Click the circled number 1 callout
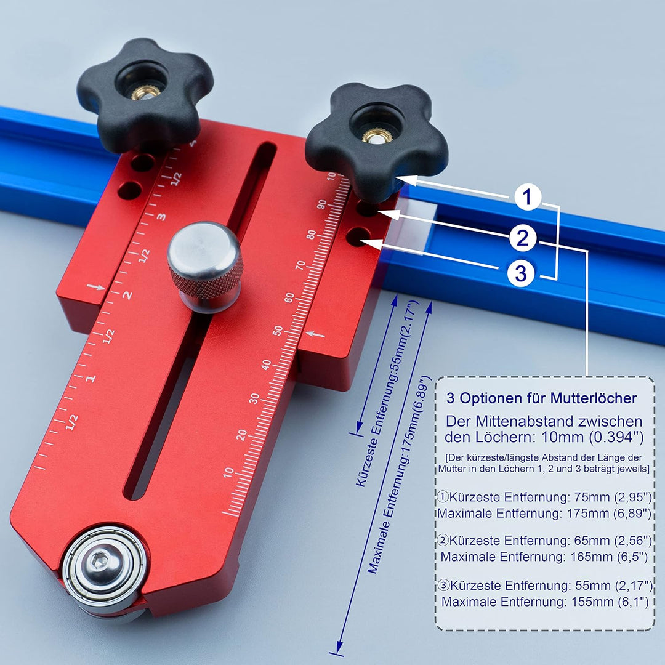pos(527,197)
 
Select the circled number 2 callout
pos(523,237)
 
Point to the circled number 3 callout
pos(521,273)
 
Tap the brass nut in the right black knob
pos(377,135)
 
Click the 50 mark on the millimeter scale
pos(278,331)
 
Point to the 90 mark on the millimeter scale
pos(322,204)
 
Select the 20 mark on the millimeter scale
pos(241,435)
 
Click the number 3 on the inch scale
pos(161,217)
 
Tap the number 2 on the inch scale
pos(127,295)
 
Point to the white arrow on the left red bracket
pos(96,287)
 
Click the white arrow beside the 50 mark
pos(315,334)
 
